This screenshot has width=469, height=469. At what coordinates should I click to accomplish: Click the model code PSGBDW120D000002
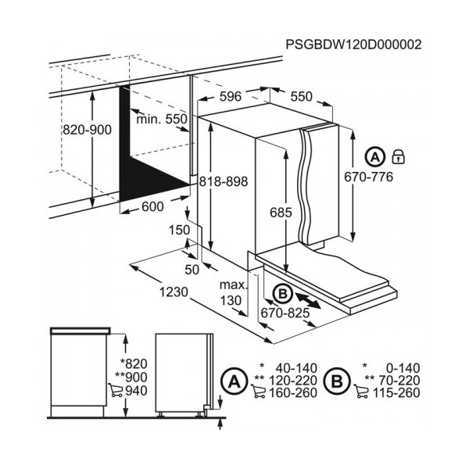pyautogui.click(x=353, y=45)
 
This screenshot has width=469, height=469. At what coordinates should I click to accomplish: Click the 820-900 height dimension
pyautogui.click(x=87, y=130)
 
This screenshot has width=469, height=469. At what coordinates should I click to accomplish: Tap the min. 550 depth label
pyautogui.click(x=162, y=119)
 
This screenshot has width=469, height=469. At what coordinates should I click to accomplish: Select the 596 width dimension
pyautogui.click(x=231, y=96)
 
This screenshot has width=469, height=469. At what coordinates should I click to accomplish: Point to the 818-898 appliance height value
pyautogui.click(x=224, y=181)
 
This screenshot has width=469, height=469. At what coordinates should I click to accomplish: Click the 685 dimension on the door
pyautogui.click(x=281, y=213)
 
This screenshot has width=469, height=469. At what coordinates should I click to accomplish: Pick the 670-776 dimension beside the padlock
pyautogui.click(x=368, y=177)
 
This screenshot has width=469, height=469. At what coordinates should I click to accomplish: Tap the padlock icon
pyautogui.click(x=398, y=157)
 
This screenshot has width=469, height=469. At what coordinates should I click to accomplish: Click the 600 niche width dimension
pyautogui.click(x=152, y=206)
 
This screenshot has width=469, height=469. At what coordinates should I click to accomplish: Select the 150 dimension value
pyautogui.click(x=180, y=230)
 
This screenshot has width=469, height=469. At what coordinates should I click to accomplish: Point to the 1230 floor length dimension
pyautogui.click(x=174, y=292)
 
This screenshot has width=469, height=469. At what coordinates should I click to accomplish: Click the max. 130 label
pyautogui.click(x=233, y=292)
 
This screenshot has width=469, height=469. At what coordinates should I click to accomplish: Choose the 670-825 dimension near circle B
pyautogui.click(x=285, y=313)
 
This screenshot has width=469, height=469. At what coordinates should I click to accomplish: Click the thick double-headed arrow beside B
pyautogui.click(x=308, y=301)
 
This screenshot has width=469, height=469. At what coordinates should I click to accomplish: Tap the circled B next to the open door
pyautogui.click(x=282, y=294)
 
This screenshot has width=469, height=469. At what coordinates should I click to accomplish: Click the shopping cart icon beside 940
pyautogui.click(x=116, y=390)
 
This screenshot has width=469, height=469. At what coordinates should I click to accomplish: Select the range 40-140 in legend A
pyautogui.click(x=296, y=368)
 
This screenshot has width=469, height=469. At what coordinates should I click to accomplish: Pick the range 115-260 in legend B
pyautogui.click(x=396, y=392)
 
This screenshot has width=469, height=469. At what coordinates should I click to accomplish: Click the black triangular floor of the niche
pyautogui.click(x=144, y=180)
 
